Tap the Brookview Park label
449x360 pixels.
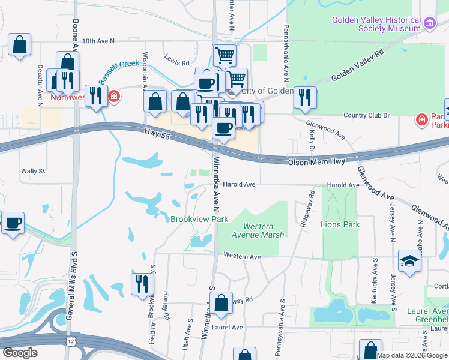pos(199,220)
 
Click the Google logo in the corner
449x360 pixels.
pos(20,353)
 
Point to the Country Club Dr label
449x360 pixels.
pos(366,115)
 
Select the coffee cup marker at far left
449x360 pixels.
pos(13,223)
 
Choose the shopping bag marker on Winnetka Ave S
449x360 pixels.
pos(221,304)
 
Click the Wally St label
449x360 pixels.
pos(33,171)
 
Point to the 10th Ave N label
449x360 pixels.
pos(98,41)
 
